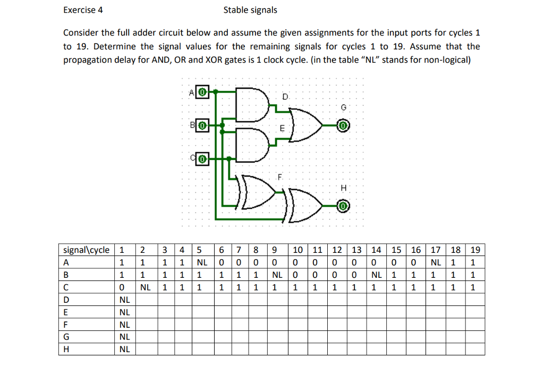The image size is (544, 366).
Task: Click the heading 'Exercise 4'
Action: [x=83, y=10]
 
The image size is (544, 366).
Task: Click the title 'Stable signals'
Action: [x=250, y=10]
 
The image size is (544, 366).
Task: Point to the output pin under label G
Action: [x=343, y=126]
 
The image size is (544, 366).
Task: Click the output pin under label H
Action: [x=343, y=205]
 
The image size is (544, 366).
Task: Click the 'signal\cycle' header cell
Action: [x=87, y=250]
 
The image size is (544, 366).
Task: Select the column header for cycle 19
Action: [x=475, y=250]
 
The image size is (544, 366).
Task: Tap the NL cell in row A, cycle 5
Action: [x=202, y=262]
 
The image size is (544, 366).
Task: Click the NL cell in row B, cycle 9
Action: [x=277, y=275]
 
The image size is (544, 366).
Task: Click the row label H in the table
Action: [x=67, y=350]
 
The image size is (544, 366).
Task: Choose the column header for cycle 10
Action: [x=298, y=250]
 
